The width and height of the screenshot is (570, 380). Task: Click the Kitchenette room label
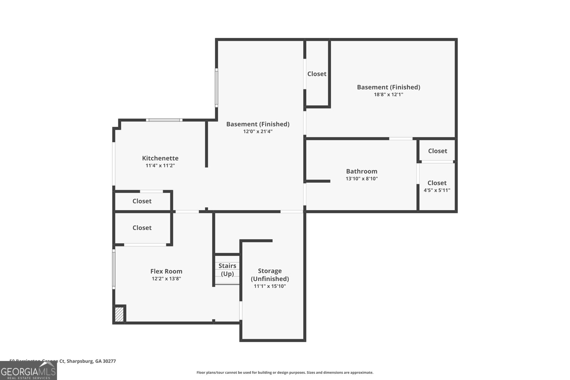click(160, 158)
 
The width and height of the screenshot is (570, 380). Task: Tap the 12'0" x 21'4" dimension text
click(258, 131)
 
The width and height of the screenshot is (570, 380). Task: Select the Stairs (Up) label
click(227, 270)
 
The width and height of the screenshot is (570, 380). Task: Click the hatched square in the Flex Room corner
click(119, 314)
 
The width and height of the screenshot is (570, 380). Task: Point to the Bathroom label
click(362, 171)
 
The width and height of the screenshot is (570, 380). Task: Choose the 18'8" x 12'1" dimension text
click(388, 95)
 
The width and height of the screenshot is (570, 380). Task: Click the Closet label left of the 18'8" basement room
click(317, 74)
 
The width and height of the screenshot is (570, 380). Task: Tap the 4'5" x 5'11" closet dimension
click(437, 190)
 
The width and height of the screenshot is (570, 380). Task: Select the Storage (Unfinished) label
click(270, 275)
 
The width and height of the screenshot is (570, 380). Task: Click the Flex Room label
click(166, 271)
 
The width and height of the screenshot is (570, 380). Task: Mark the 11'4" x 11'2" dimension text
click(160, 166)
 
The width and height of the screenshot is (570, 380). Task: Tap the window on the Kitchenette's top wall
click(164, 120)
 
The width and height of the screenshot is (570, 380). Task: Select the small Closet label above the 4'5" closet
click(437, 151)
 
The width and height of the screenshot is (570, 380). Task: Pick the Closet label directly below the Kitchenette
click(142, 201)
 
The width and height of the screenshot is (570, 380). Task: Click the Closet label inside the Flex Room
click(142, 228)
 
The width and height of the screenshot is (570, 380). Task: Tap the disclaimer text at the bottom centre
click(285, 373)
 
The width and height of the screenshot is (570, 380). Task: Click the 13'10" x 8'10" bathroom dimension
click(362, 179)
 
